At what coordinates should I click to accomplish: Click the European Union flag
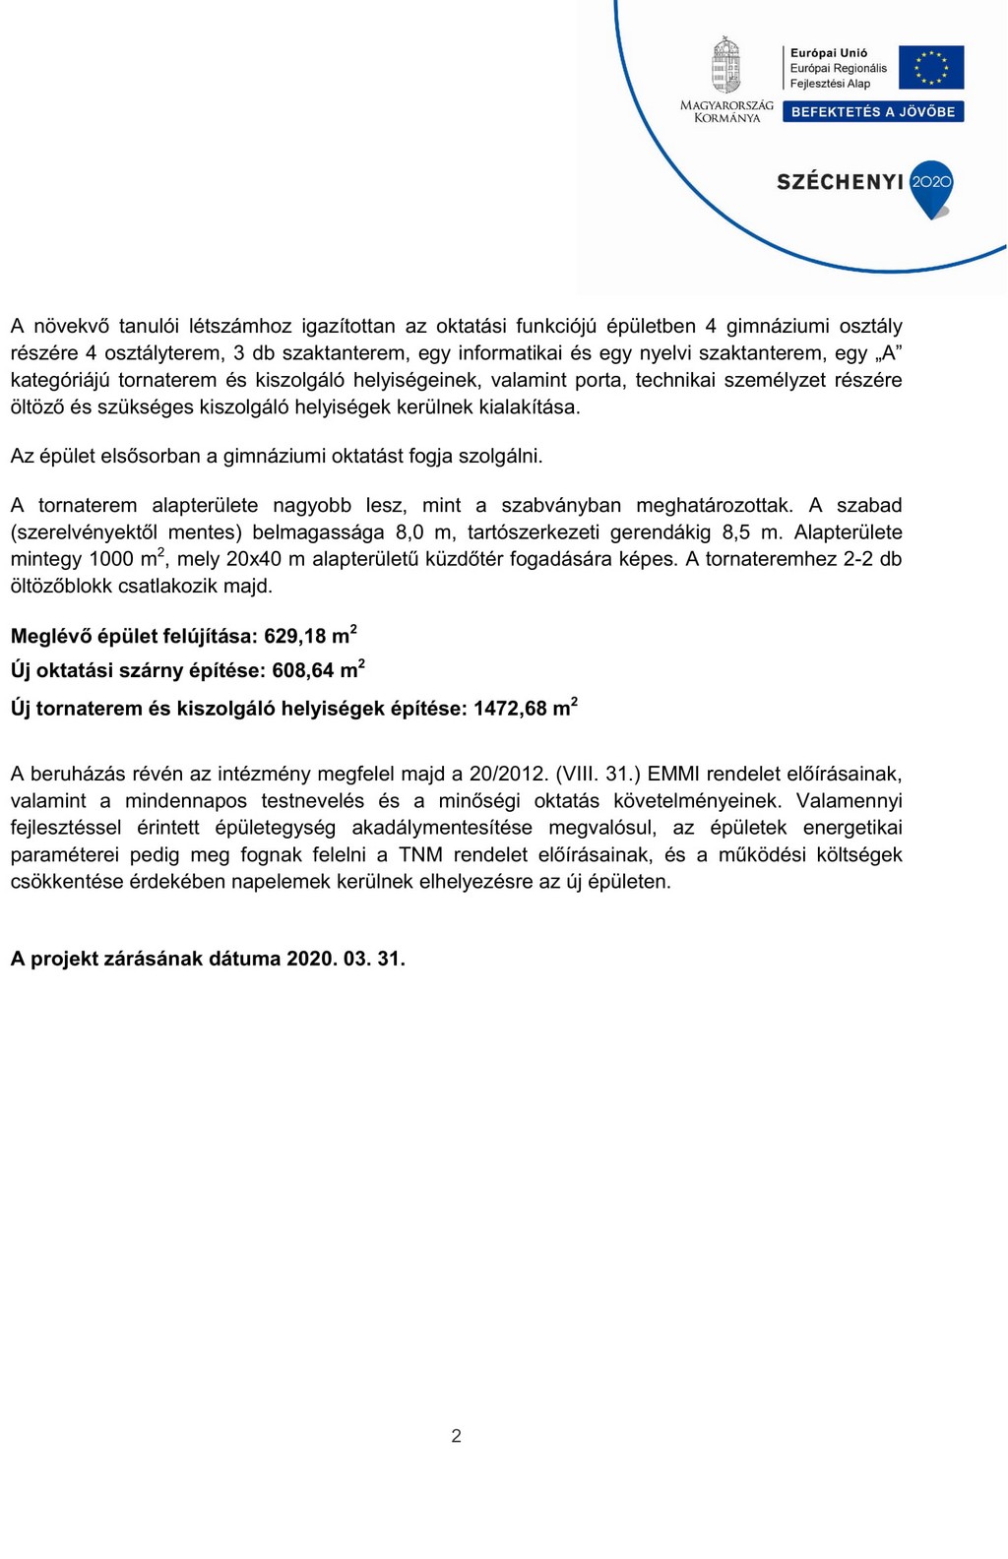[x=931, y=67]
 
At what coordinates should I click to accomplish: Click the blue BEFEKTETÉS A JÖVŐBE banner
[x=873, y=112]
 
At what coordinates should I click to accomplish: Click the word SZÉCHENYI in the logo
[x=840, y=182]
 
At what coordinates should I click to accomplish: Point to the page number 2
[x=456, y=1436]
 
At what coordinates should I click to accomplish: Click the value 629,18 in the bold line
[x=294, y=637]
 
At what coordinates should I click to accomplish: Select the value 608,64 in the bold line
[x=303, y=671]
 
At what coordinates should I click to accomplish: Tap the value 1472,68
[x=509, y=709]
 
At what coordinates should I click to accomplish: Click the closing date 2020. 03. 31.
[x=346, y=959]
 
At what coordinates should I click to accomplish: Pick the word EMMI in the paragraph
[x=673, y=774]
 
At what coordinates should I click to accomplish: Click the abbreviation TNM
[x=420, y=854]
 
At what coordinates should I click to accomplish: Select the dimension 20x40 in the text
[x=252, y=559]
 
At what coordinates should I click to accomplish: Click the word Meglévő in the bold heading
[x=50, y=637]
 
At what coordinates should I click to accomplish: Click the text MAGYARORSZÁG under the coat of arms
[x=726, y=105]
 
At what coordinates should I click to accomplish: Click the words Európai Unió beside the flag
[x=829, y=53]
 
